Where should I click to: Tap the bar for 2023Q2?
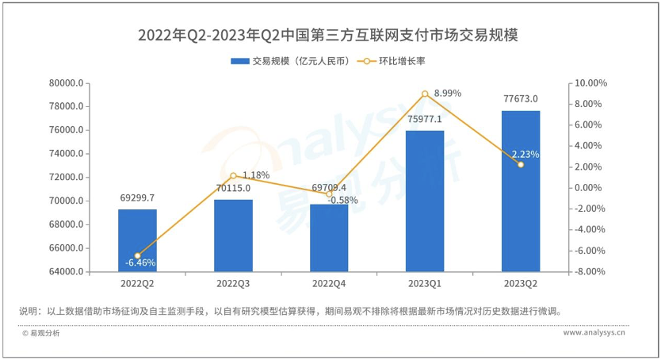pos(521,191)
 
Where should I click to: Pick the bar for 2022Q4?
pos(329,238)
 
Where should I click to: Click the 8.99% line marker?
pos(425,94)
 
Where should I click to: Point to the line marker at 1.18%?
pos(233,175)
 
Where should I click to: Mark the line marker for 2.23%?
pos(521,164)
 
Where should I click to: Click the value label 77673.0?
pos(521,99)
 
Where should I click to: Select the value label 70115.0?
pos(233,188)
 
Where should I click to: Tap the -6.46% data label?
pos(140,262)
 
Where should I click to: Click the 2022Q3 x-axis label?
pos(233,283)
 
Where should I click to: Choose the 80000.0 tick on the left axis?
pos(67,83)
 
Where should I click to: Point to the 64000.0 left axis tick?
pos(67,272)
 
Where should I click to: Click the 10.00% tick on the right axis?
pos(590,83)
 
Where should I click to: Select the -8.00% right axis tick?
pos(590,272)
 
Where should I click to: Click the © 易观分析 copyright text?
pos(40,333)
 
